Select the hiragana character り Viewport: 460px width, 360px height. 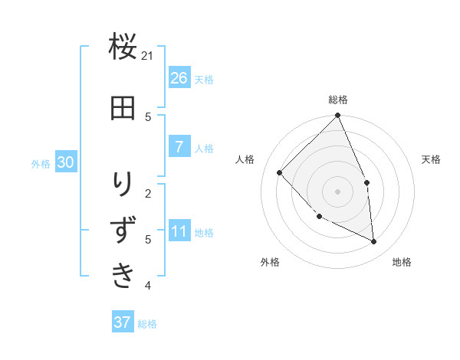tap(123, 185)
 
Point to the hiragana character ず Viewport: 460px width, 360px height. tap(123, 230)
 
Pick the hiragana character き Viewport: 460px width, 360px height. tap(123, 275)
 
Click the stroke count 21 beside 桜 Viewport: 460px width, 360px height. tap(148, 56)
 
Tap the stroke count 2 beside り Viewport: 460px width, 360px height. tap(148, 192)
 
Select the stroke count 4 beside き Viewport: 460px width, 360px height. tap(148, 286)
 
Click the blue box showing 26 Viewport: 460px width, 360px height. tap(179, 77)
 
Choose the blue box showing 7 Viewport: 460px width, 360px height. tap(179, 146)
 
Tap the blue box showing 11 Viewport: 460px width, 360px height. tap(179, 231)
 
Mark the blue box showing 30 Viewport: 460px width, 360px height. tap(65, 162)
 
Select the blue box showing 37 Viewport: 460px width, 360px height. tap(123, 322)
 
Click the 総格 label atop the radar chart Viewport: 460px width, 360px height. tap(338, 100)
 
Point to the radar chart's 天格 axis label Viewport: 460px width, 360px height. tap(431, 159)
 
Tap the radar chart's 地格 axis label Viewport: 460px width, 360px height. tap(402, 262)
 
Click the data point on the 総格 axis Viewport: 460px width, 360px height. tap(338, 116)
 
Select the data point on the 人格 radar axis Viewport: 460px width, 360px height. tap(280, 172)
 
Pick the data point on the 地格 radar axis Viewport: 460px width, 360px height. tap(374, 241)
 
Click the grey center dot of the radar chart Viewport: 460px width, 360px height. tap(338, 191)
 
